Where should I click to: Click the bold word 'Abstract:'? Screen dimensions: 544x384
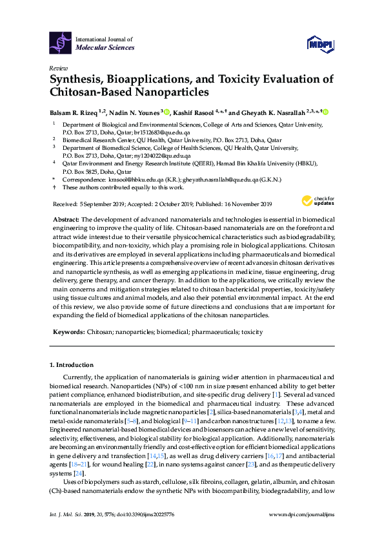click(x=66, y=220)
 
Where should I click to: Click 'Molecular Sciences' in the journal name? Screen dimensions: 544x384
click(x=105, y=47)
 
